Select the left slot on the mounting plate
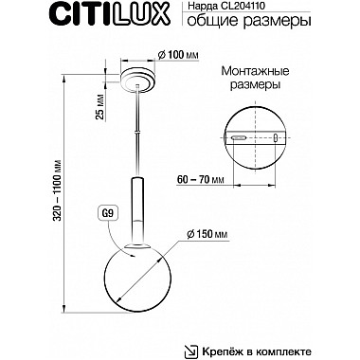(x=242, y=135)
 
